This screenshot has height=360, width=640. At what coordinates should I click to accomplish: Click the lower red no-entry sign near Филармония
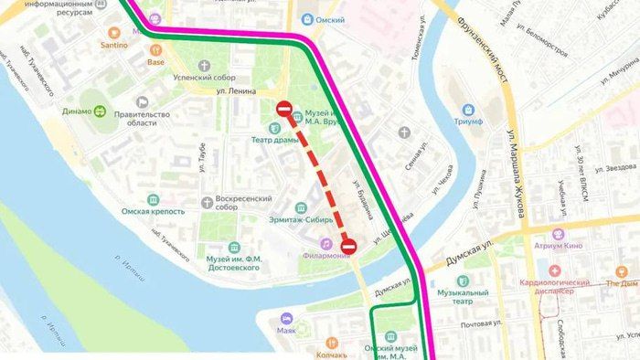[348, 245]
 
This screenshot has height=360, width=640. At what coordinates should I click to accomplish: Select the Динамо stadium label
[103, 111]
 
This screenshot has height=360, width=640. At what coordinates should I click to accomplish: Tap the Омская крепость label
[153, 211]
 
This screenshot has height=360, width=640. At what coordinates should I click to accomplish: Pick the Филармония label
[321, 255]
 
